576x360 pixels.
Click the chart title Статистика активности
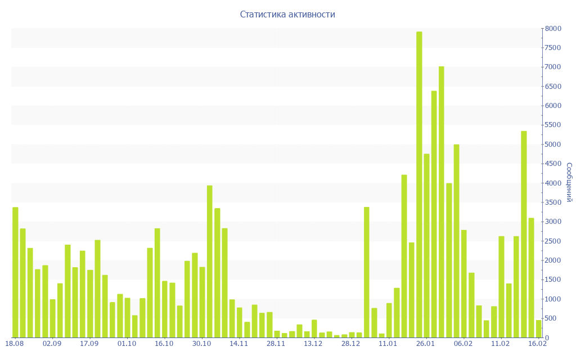(287, 14)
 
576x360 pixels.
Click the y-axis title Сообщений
(569, 182)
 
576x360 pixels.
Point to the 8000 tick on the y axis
(553, 29)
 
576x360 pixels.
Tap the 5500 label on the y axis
(553, 125)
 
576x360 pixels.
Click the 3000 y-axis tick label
(553, 222)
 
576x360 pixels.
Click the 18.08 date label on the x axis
(14, 343)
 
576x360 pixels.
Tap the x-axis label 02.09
(52, 343)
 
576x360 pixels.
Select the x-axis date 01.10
(127, 343)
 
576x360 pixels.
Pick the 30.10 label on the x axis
(201, 343)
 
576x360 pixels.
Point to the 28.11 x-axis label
(276, 343)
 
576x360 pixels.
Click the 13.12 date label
(313, 343)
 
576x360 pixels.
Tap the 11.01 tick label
(388, 343)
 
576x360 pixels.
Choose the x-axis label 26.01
(426, 343)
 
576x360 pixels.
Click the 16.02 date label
(538, 343)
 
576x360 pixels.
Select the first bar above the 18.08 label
(15, 272)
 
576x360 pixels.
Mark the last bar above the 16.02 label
(538, 328)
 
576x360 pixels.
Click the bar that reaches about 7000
(442, 202)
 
